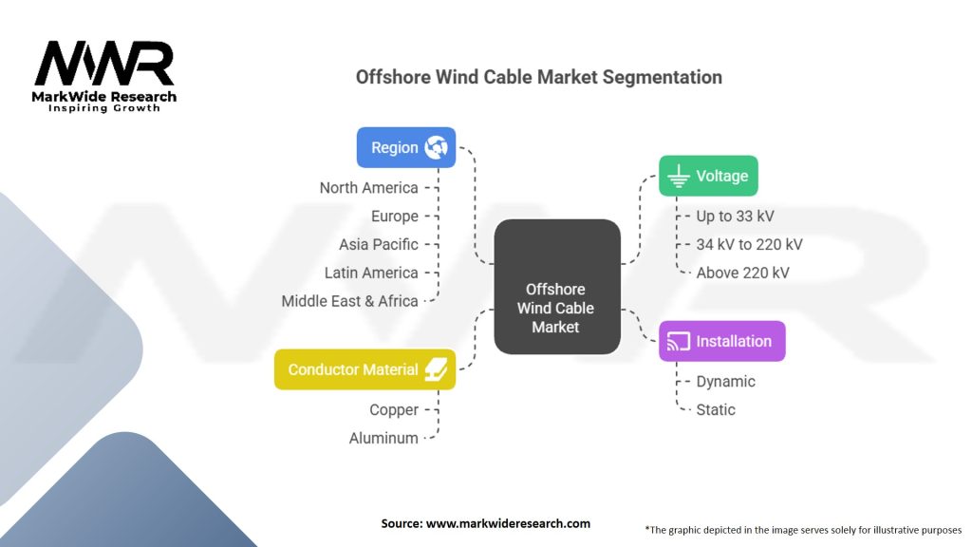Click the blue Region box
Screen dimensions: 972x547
pos(406,147)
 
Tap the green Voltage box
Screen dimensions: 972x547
pos(708,176)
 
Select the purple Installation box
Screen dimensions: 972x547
pos(722,341)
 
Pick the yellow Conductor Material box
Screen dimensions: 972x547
pos(365,369)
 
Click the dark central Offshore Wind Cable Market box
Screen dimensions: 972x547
pos(557,287)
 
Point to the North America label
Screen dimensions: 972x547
pos(369,188)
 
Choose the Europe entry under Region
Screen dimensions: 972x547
pos(395,217)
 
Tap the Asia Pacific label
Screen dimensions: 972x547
pos(378,244)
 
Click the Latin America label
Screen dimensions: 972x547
pos(371,273)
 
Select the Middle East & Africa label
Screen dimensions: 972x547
pos(349,301)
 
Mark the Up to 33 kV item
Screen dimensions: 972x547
pos(736,217)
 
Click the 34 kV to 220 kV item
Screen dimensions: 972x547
pos(750,244)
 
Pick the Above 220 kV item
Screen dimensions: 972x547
pos(742,273)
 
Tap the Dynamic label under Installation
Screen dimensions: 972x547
pos(726,382)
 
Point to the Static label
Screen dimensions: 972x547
pos(716,410)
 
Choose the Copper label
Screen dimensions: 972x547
pos(394,410)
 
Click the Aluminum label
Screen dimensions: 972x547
pos(383,439)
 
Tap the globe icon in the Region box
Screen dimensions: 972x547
pos(437,147)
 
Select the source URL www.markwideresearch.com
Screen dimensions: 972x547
pos(509,523)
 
